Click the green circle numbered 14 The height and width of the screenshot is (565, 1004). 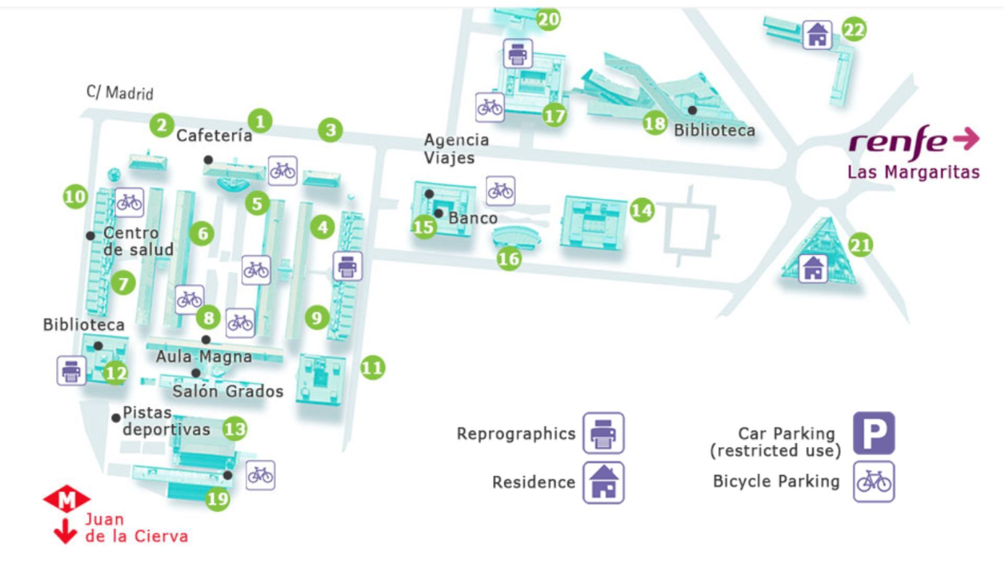click(642, 210)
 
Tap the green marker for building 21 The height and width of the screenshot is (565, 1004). click(860, 245)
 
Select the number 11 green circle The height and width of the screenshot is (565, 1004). click(372, 368)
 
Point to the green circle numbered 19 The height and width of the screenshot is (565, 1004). click(218, 499)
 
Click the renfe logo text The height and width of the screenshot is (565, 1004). click(898, 141)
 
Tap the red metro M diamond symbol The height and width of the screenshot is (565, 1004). click(66, 500)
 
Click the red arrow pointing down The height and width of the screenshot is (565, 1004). click(65, 532)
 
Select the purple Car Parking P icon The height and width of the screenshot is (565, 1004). click(874, 433)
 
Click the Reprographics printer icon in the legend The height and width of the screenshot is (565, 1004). click(603, 433)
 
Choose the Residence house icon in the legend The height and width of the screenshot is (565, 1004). click(603, 482)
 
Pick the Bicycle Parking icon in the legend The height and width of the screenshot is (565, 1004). click(874, 482)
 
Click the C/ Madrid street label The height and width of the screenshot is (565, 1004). click(120, 93)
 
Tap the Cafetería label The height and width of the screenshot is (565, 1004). click(214, 136)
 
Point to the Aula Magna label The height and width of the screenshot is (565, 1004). click(203, 357)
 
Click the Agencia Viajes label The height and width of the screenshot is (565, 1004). click(456, 149)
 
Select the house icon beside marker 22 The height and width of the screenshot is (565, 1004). click(817, 35)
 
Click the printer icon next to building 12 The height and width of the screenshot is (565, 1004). click(71, 371)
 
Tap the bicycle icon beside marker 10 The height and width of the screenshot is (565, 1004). click(129, 202)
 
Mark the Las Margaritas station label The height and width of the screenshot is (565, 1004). click(913, 172)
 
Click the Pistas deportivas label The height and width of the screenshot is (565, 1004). click(166, 421)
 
